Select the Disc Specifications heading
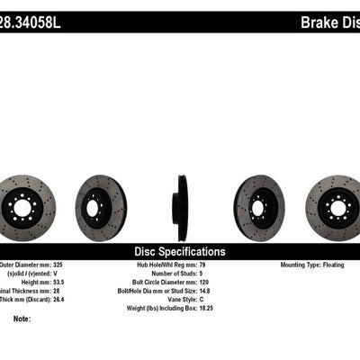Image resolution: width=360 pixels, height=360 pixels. (180, 252)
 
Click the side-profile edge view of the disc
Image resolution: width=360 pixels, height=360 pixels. (182, 208)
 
